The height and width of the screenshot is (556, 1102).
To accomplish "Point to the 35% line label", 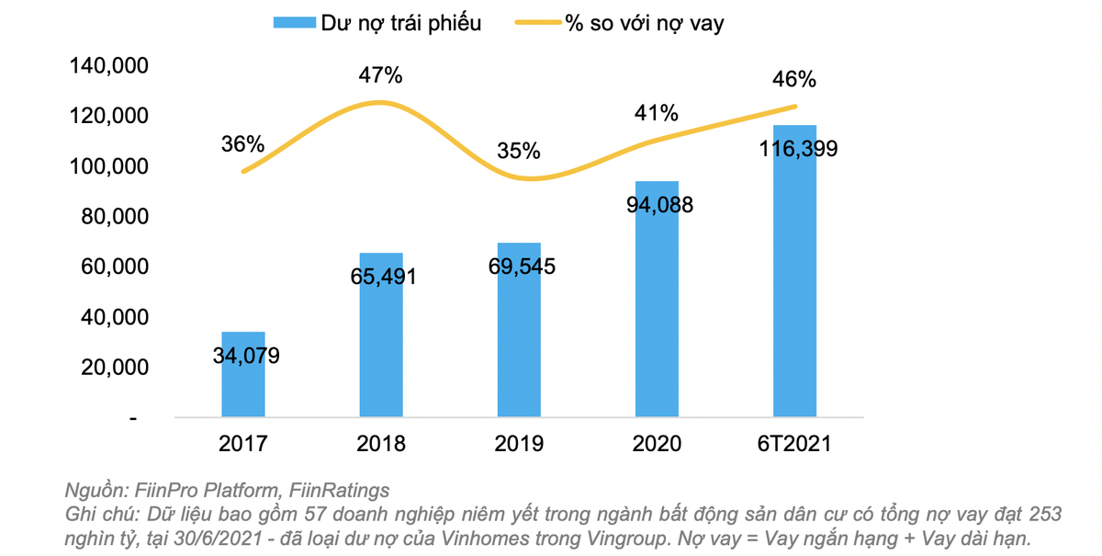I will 519,151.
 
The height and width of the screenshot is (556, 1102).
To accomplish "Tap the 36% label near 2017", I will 242,144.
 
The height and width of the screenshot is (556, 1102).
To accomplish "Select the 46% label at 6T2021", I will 794,80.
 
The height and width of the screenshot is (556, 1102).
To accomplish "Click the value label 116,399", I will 794,149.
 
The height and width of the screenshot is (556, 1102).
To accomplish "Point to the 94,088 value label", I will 658,205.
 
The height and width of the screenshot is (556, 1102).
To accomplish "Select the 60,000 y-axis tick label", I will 107,267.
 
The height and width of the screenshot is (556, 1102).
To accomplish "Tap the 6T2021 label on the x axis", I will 794,444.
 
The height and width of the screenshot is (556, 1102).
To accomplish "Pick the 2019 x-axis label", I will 519,444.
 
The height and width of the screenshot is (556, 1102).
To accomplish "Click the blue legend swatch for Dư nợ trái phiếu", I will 293,23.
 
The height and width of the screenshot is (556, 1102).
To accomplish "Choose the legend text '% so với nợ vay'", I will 644,23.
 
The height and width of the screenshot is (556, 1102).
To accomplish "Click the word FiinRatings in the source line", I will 342,490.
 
